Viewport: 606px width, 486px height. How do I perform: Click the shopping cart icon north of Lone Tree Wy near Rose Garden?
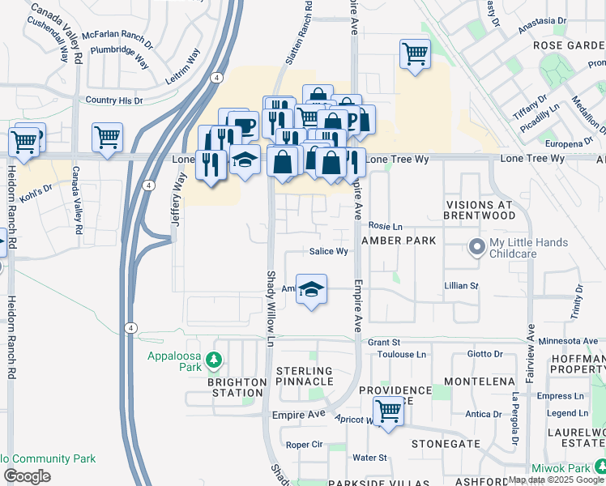pyautogui.click(x=415, y=55)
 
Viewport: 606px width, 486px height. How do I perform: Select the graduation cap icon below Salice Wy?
pyautogui.click(x=310, y=289)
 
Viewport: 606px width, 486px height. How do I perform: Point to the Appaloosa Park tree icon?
pyautogui.click(x=214, y=358)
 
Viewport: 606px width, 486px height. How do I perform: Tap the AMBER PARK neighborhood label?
pyautogui.click(x=399, y=241)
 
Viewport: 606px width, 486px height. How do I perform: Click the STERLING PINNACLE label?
pyautogui.click(x=305, y=376)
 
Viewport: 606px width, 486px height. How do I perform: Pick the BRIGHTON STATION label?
pyautogui.click(x=237, y=387)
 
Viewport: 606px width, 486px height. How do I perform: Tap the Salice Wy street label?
pyautogui.click(x=329, y=252)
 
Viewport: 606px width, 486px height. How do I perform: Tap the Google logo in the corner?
pyautogui.click(x=27, y=475)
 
